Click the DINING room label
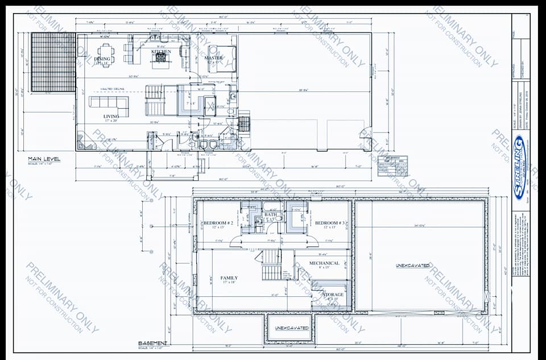[102, 59]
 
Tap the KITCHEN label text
[161, 52]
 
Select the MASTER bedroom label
[214, 58]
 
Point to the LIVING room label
[111, 117]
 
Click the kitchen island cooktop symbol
[161, 58]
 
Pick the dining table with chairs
[106, 52]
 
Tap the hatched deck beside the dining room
[53, 62]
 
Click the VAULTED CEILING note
[112, 89]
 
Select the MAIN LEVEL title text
[44, 159]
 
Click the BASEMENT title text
[153, 344]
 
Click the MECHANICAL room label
[324, 263]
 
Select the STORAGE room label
[333, 295]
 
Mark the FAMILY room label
[229, 278]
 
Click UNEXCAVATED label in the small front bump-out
[292, 328]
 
